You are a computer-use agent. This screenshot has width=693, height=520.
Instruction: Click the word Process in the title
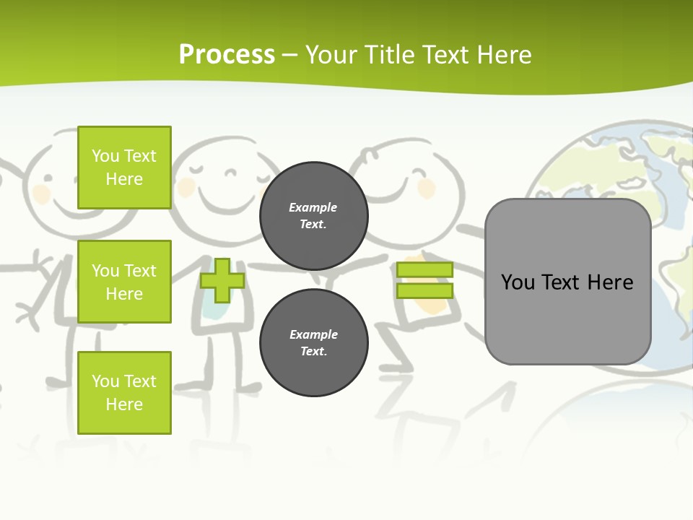tap(227, 54)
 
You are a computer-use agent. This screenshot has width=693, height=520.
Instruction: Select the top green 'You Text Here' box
tap(124, 168)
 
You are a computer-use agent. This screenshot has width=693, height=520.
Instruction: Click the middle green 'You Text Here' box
tap(124, 282)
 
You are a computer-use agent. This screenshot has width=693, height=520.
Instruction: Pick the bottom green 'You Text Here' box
tap(124, 393)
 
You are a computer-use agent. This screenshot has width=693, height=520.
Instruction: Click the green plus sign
tap(222, 280)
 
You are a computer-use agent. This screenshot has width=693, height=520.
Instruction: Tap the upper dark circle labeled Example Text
tap(313, 215)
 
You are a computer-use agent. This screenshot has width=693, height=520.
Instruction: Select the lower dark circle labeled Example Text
tap(313, 342)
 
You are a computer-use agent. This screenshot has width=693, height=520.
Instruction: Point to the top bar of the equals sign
tap(424, 269)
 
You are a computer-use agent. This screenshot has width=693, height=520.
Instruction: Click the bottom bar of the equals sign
tap(424, 290)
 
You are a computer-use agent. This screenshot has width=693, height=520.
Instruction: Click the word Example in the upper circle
tap(313, 207)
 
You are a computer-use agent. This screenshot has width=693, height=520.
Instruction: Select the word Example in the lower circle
tap(313, 334)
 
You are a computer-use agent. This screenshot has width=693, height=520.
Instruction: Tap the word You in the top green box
tap(105, 156)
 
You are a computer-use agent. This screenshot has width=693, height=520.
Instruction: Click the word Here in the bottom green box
tap(124, 404)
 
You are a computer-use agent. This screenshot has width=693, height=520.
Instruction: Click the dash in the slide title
tap(289, 55)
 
